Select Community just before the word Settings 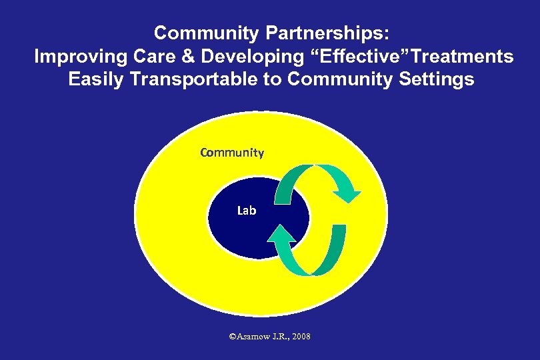(x=345, y=80)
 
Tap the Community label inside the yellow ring (x=232, y=153)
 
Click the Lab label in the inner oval (x=247, y=211)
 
